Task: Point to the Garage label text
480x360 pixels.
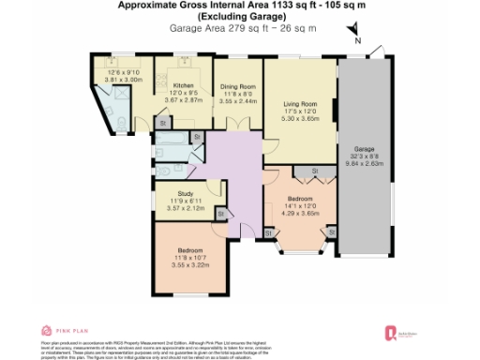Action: coord(363,149)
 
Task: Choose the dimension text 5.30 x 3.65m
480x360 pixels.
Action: coord(300,121)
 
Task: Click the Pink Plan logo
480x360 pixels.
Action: coord(62,331)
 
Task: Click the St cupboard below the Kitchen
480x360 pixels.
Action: coord(162,123)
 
